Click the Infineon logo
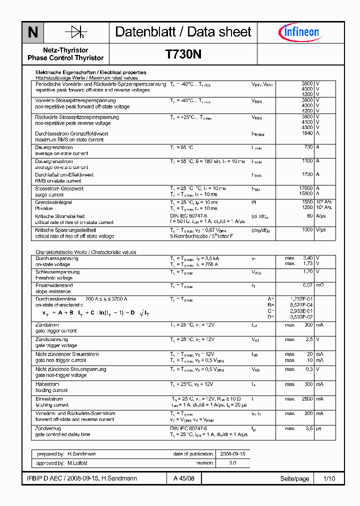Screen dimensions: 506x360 [298, 32]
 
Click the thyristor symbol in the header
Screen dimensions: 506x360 [76, 32]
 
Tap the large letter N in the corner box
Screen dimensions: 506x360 [33, 32]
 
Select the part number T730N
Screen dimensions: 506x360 [183, 55]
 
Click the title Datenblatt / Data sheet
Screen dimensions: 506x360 [183, 32]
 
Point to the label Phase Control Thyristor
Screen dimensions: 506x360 [65, 58]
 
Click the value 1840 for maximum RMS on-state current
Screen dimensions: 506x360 [307, 133]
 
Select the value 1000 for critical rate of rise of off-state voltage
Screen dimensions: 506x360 [307, 229]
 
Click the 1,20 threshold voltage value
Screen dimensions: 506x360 [308, 271]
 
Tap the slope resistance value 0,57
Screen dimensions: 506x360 [308, 285]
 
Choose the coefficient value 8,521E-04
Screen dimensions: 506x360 [301, 304]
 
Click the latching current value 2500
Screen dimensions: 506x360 [307, 398]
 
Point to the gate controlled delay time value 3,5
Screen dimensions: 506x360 [309, 428]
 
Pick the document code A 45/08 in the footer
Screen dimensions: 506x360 [183, 478]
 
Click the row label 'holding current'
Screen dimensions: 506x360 [51, 390]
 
